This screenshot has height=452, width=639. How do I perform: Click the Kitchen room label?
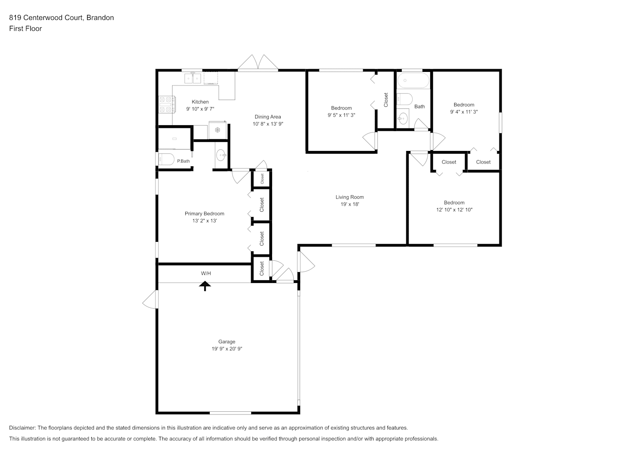(200, 102)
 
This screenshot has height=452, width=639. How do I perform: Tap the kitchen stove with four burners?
(167, 105)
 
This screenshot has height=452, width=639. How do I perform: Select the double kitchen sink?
(193, 78)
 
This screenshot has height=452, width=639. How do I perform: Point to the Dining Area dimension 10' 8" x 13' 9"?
(268, 124)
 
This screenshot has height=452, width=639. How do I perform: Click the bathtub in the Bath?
(413, 80)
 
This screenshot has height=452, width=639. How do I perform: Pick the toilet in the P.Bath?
(166, 159)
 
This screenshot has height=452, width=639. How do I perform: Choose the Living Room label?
(349, 197)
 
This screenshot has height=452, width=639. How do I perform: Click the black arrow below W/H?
(205, 286)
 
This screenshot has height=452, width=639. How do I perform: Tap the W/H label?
(206, 273)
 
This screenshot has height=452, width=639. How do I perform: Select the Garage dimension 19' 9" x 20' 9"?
(227, 348)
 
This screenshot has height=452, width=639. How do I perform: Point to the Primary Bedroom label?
(204, 214)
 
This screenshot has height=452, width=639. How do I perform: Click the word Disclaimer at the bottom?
(22, 428)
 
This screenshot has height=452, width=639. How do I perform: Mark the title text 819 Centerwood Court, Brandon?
(61, 18)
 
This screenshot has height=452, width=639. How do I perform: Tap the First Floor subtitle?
(25, 28)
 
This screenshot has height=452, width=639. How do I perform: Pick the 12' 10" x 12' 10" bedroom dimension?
(454, 210)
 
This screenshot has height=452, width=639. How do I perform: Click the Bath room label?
(419, 106)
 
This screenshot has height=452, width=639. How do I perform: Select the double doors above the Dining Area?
(258, 62)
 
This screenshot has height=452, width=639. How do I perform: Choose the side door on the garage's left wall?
(150, 299)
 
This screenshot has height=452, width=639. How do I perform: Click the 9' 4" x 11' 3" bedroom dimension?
(464, 112)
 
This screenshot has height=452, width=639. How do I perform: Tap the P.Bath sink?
(221, 155)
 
